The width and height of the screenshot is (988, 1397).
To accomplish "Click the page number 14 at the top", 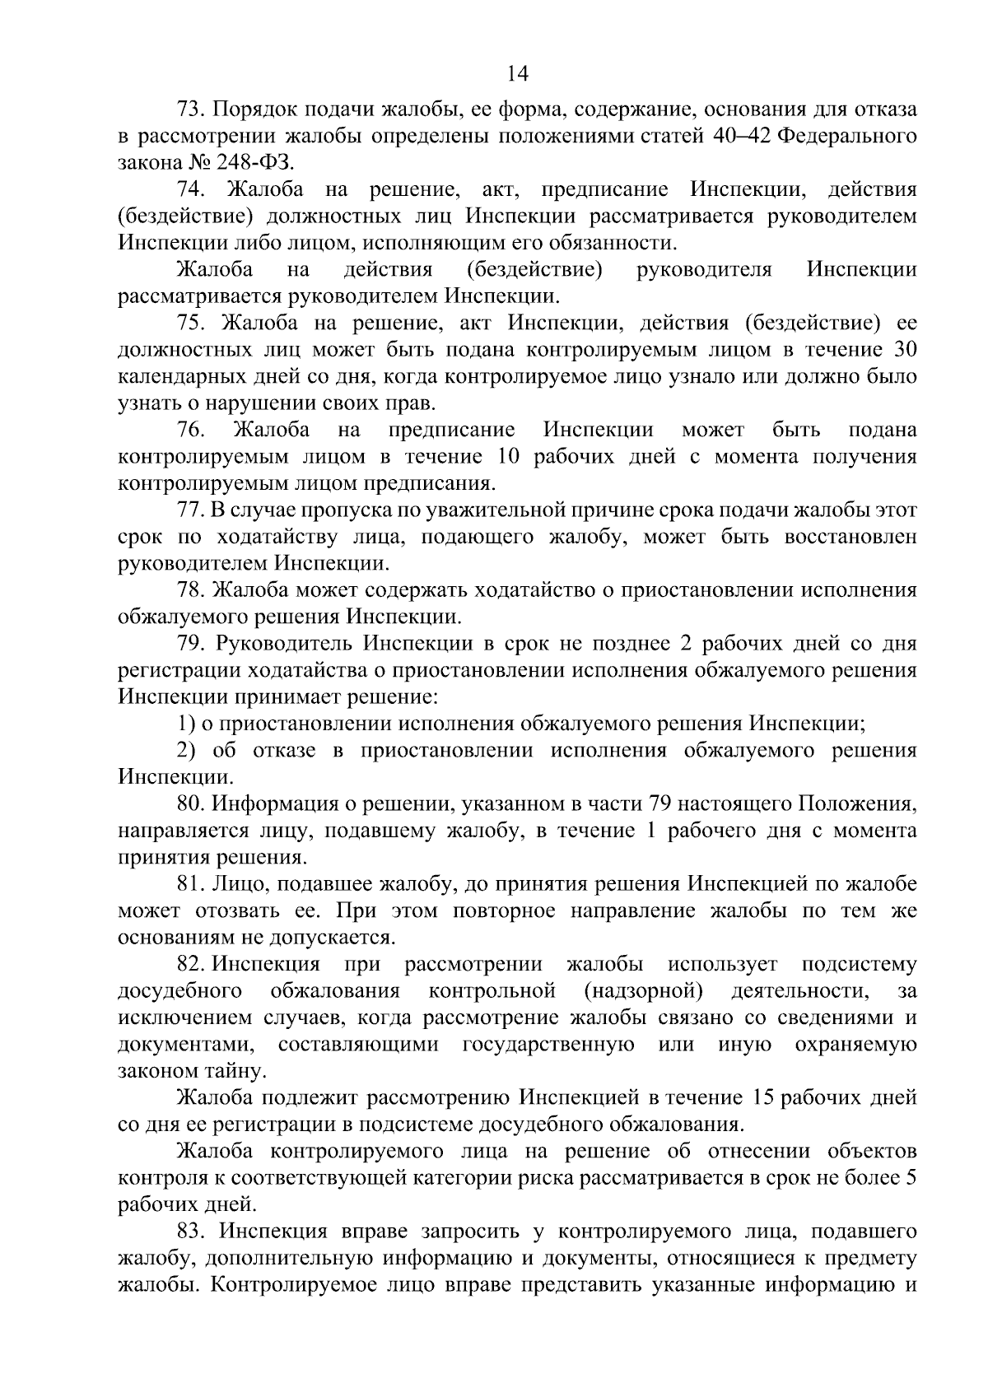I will [x=517, y=74].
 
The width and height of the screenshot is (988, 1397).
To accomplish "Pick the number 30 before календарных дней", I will [x=904, y=349].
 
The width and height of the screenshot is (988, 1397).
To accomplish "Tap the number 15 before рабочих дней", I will [x=763, y=1097].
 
